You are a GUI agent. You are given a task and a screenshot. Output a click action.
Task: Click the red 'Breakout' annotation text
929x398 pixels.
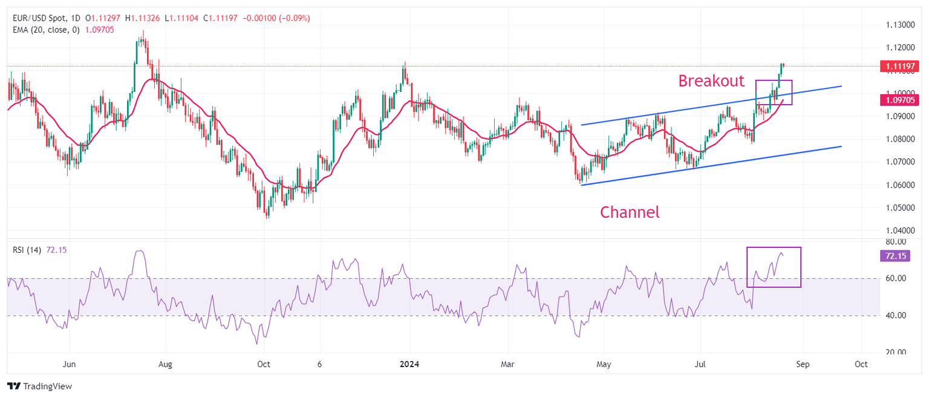tap(711, 81)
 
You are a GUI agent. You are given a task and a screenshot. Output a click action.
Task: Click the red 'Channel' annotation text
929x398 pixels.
tap(629, 212)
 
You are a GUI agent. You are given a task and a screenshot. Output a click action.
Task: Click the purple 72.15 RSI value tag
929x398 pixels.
tap(895, 256)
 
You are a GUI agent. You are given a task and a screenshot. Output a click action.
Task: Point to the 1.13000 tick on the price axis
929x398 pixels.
tap(900, 25)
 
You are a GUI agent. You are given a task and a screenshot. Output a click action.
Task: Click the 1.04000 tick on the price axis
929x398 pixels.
tap(900, 231)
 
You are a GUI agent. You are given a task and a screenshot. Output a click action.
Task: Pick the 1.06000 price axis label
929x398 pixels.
tap(900, 185)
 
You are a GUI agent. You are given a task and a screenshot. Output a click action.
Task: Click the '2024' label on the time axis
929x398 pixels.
tap(409, 365)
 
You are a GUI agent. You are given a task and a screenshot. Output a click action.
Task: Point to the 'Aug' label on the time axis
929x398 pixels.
tap(165, 365)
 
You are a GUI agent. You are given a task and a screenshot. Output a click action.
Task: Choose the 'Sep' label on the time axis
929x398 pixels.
tap(803, 365)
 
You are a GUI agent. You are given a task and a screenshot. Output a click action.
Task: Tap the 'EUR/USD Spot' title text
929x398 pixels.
tap(39, 18)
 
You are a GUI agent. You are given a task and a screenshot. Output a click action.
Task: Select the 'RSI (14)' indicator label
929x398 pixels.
tap(27, 250)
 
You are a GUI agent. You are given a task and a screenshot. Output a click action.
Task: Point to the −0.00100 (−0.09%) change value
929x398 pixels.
tap(276, 18)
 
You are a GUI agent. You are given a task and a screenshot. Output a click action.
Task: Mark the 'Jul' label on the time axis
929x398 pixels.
tap(700, 365)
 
